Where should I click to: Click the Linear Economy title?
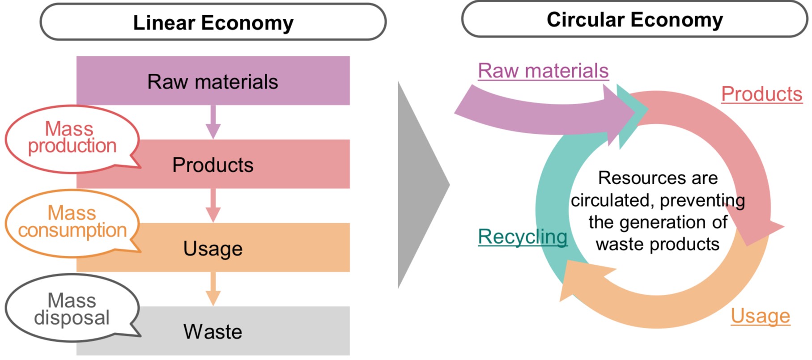pyautogui.click(x=213, y=22)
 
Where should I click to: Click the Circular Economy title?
pyautogui.click(x=634, y=20)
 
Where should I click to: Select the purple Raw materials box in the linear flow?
pyautogui.click(x=213, y=81)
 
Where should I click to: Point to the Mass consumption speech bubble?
pyautogui.click(x=72, y=222)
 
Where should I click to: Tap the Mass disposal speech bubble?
pyautogui.click(x=72, y=309)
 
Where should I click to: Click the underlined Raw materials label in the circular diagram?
pyautogui.click(x=543, y=71)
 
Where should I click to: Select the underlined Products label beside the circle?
pyautogui.click(x=761, y=94)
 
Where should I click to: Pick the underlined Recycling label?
pyautogui.click(x=523, y=237)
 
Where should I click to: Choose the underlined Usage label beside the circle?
pyautogui.click(x=760, y=316)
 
